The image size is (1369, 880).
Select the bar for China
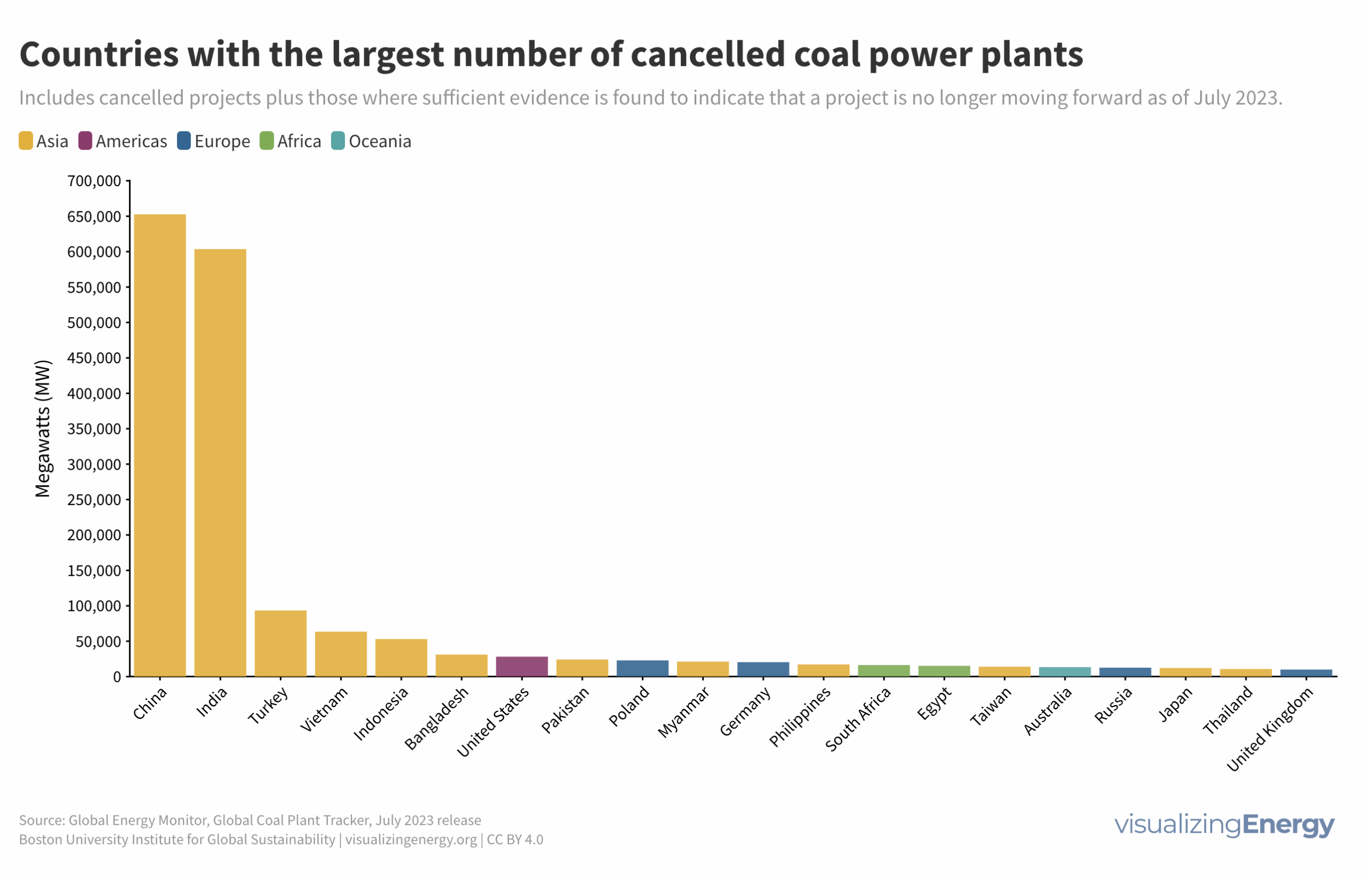coord(160,446)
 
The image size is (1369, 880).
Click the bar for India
coord(220,463)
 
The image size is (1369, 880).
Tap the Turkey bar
coord(280,644)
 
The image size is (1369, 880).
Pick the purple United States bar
coord(522,667)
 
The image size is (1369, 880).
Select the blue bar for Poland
coord(643,669)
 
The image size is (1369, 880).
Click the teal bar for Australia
coord(1065,672)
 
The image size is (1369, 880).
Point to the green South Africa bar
coord(883,671)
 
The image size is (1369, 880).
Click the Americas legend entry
coord(123,141)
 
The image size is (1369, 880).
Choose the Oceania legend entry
coord(371,141)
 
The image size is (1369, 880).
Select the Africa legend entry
coord(291,141)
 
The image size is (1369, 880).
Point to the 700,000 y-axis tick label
coord(94,181)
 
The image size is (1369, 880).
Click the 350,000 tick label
coord(94,428)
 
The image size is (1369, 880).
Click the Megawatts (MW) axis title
coord(43,428)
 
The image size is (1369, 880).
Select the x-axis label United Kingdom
coord(1271,730)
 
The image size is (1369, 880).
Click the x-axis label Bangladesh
coord(437,719)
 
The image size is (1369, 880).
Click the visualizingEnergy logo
coord(1224,824)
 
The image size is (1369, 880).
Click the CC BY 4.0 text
coord(514,839)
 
